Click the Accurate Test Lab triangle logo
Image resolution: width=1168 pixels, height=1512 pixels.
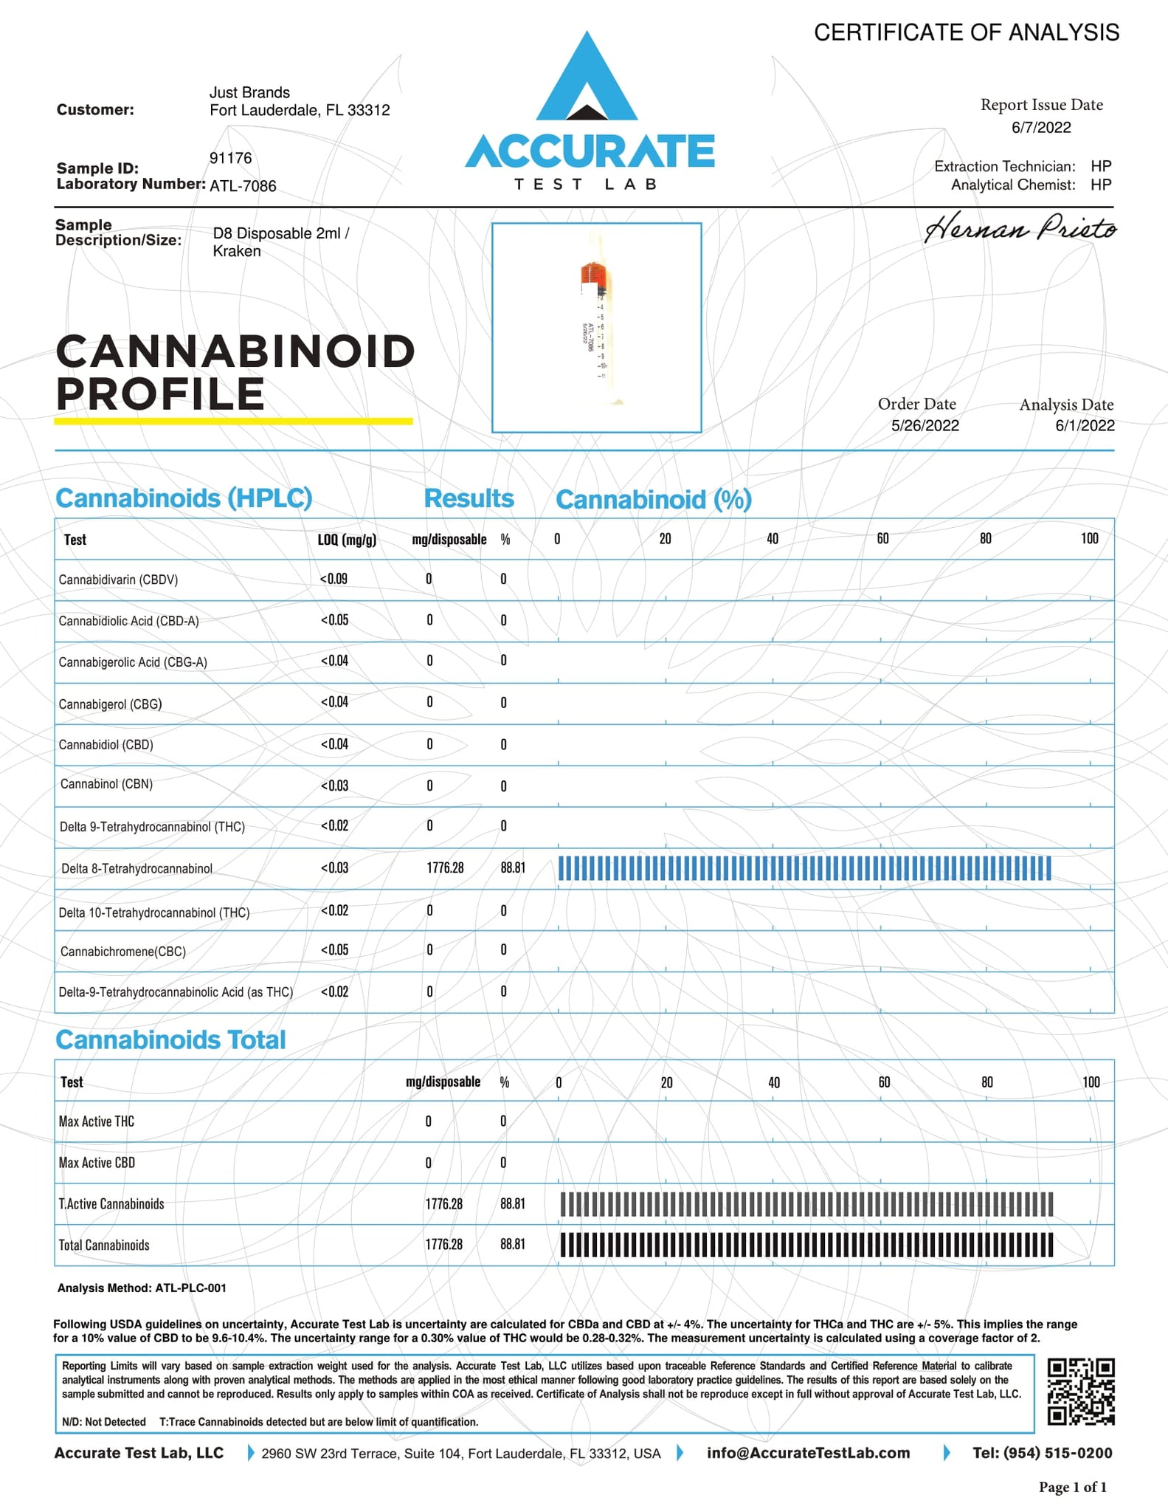pos(587,81)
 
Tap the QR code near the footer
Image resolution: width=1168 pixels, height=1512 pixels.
pos(1081,1391)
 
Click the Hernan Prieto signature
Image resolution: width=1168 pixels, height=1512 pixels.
pos(1020,228)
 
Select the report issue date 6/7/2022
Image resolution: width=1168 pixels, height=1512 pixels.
pos(1041,128)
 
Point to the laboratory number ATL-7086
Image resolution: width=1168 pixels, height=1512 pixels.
pos(243,186)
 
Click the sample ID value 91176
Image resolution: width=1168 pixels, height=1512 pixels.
pos(231,159)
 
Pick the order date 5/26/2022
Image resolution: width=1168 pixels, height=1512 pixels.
pos(925,426)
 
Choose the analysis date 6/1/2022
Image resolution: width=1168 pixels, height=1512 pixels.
pos(1085,426)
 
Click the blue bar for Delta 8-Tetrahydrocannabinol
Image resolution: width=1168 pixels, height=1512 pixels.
pos(804,868)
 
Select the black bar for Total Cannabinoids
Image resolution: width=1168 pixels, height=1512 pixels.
pos(806,1245)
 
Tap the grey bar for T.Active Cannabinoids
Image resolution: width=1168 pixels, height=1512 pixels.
pos(806,1204)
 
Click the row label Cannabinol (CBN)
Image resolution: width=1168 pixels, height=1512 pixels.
pos(106,784)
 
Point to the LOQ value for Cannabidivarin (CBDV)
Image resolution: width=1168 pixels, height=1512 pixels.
pos(334,579)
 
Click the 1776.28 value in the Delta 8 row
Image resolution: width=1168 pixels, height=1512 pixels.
pos(445,868)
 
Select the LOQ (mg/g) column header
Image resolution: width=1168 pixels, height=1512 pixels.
pos(347,540)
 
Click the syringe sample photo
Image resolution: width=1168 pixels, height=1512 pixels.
pos(596,327)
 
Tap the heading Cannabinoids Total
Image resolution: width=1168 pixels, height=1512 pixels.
pos(170,1040)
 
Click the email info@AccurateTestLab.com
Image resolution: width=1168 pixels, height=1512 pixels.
pos(808,1453)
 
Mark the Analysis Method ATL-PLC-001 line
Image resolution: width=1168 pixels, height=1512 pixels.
pos(142,1288)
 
